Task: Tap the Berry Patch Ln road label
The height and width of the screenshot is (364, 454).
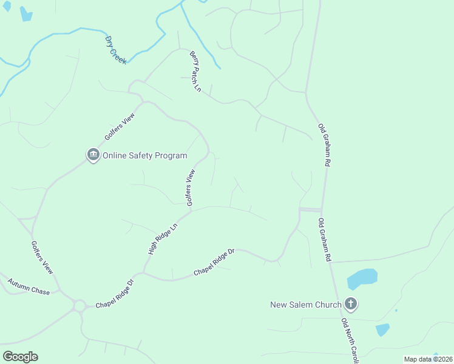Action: pos(195,71)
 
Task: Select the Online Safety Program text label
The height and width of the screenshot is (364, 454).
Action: pos(144,155)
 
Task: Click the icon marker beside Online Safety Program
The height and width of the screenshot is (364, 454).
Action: pos(93,155)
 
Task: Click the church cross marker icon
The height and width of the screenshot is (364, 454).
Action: pos(350,303)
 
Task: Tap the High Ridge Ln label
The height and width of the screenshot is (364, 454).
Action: pos(162,239)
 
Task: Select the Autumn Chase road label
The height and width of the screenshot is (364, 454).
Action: pos(29,287)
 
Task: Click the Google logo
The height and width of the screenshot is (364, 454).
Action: pos(20,357)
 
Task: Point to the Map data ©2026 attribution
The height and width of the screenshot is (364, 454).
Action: pos(428,359)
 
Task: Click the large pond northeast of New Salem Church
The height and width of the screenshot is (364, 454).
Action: pos(362,279)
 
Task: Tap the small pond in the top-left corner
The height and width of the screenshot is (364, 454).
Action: pos(26,13)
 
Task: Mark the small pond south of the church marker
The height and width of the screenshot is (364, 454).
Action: pos(382,329)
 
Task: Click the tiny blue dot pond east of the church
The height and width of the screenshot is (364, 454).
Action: pos(396,311)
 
